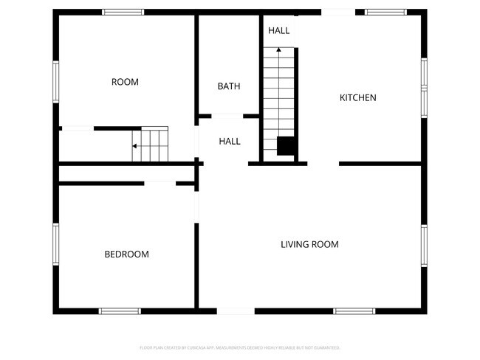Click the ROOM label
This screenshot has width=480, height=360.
[125, 82]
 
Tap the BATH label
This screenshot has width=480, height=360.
[229, 86]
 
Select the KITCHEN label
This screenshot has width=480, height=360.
[358, 97]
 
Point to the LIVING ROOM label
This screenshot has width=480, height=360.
[309, 244]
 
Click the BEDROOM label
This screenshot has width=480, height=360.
[126, 255]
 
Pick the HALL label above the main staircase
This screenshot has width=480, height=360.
[278, 30]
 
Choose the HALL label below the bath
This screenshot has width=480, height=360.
[230, 141]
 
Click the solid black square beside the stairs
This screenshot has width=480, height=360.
[287, 146]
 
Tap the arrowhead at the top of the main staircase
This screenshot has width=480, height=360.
[278, 49]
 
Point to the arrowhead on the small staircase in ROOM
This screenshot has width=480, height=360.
[134, 146]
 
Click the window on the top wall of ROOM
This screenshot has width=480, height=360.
[123, 12]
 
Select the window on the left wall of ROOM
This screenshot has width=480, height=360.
[55, 82]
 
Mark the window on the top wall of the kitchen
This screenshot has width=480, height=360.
[385, 12]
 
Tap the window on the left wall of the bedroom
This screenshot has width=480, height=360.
[55, 243]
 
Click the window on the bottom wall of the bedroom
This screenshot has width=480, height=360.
[120, 311]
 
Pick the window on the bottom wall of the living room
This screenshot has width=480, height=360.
[354, 311]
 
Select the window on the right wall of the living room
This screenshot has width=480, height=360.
[424, 247]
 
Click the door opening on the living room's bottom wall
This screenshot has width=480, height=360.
[236, 311]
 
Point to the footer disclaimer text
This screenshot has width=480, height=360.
[240, 347]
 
